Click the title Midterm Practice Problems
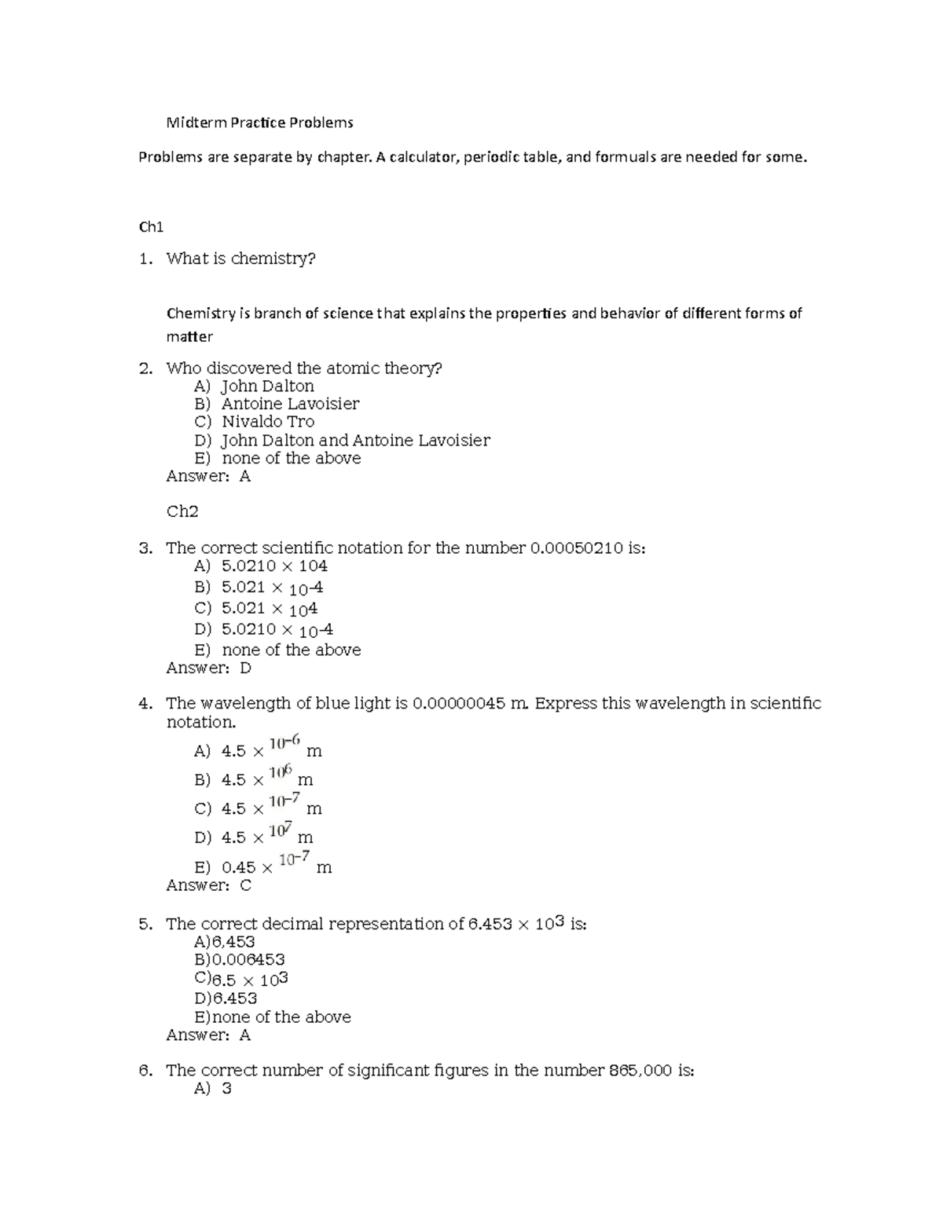259,123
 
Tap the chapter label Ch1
151,227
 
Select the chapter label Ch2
182,511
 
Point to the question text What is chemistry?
240,258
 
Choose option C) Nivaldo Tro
254,422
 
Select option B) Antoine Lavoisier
277,404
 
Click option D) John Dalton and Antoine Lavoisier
342,440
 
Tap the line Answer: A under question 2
208,476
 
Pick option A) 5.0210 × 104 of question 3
261,566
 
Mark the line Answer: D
208,668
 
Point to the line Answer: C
208,885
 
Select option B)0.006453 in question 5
240,959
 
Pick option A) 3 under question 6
213,1089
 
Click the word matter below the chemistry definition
189,337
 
